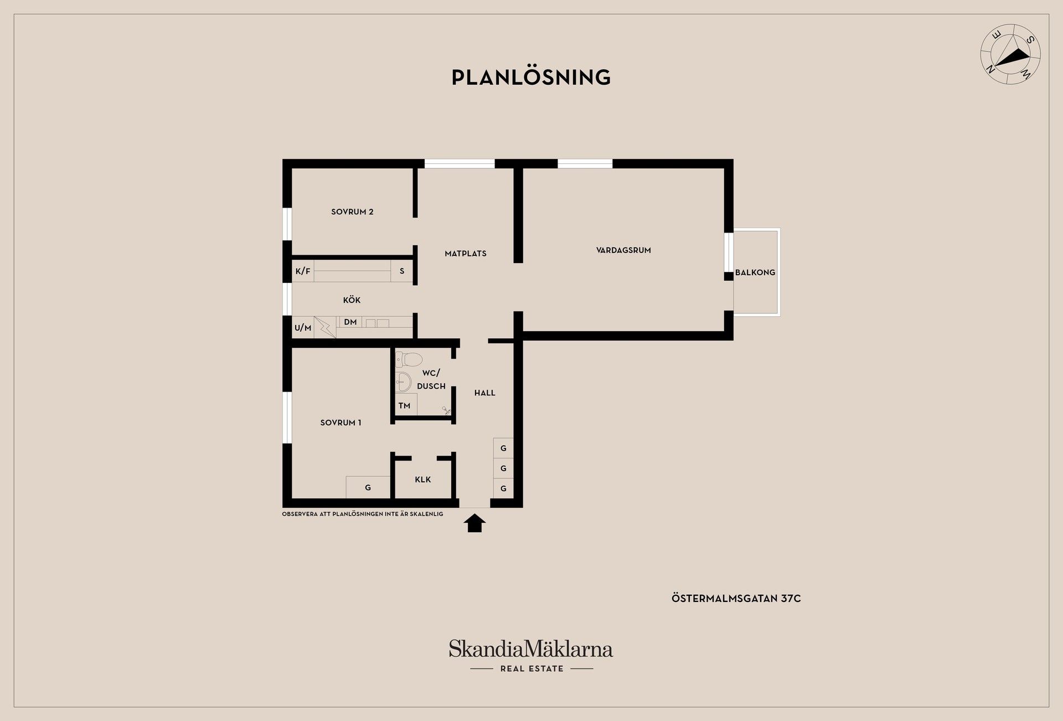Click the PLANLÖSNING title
pyautogui.click(x=531, y=77)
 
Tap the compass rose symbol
pyautogui.click(x=1010, y=54)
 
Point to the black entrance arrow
pyautogui.click(x=474, y=523)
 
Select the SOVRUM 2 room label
pyautogui.click(x=352, y=212)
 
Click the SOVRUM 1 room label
pyautogui.click(x=340, y=423)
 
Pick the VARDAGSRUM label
pyautogui.click(x=623, y=250)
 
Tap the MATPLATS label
pyautogui.click(x=466, y=254)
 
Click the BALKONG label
pyautogui.click(x=755, y=272)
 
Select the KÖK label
pyautogui.click(x=352, y=300)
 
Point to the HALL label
pyautogui.click(x=485, y=393)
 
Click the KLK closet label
pyautogui.click(x=423, y=480)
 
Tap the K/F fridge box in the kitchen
pyautogui.click(x=303, y=271)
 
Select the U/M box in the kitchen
pyautogui.click(x=303, y=327)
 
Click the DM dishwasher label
pyautogui.click(x=350, y=322)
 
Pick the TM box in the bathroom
pyautogui.click(x=405, y=405)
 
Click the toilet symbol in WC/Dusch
pyautogui.click(x=409, y=359)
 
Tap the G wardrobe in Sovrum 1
pyautogui.click(x=368, y=487)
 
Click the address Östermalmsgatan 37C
pyautogui.click(x=736, y=599)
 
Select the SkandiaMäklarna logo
pyautogui.click(x=531, y=656)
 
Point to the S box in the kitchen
pyautogui.click(x=402, y=271)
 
